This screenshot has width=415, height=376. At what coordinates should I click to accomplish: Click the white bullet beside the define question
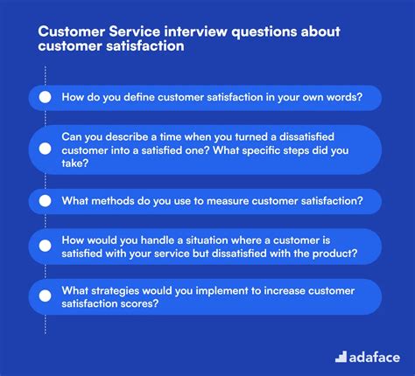pyautogui.click(x=44, y=98)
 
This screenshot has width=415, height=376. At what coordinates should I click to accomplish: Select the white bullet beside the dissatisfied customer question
pyautogui.click(x=44, y=150)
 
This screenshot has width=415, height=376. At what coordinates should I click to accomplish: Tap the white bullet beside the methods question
pyautogui.click(x=44, y=201)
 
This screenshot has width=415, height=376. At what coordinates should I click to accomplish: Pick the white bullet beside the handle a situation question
pyautogui.click(x=44, y=247)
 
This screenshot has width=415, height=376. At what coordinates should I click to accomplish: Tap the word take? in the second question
pyautogui.click(x=77, y=163)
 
